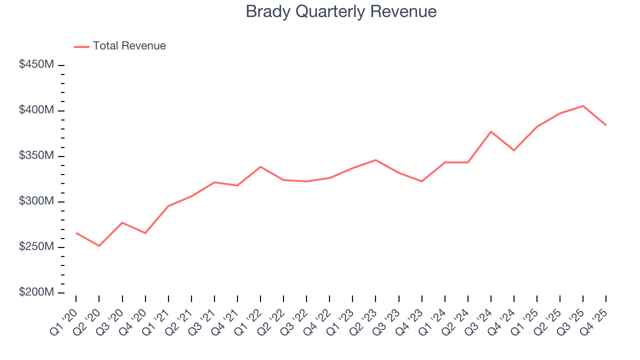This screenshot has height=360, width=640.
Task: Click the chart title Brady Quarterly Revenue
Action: pos(341,11)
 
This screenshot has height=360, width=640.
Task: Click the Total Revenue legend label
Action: pos(129,46)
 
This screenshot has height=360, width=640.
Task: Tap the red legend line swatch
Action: pos(81,46)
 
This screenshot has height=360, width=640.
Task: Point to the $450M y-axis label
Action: pos(36,65)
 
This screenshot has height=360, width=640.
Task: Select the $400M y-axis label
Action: pos(36,110)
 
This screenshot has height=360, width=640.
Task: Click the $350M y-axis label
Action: pos(36,156)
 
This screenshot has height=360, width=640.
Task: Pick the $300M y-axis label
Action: pos(36,201)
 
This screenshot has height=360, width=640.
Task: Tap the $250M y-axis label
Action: pos(36,247)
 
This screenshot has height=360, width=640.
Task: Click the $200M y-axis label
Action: pos(36,292)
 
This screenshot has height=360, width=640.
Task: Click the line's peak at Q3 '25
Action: pos(583,106)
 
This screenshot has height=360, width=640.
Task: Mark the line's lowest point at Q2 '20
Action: pos(99,246)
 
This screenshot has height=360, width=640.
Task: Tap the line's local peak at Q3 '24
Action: pos(491,131)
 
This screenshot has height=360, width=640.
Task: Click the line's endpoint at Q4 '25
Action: pos(606,125)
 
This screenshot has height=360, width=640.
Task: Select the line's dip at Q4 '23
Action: pos(421,181)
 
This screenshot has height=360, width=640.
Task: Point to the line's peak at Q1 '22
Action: pos(260,166)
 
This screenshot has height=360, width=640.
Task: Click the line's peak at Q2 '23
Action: pos(375,160)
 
